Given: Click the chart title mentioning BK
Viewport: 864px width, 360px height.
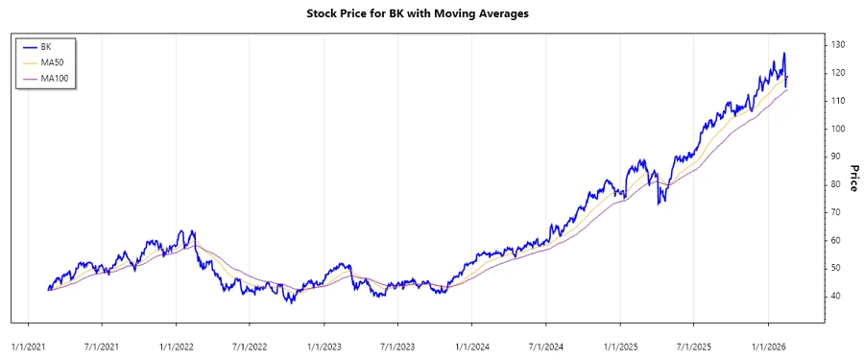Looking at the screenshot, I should (x=431, y=13).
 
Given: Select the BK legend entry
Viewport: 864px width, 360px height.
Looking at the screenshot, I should (x=46, y=46).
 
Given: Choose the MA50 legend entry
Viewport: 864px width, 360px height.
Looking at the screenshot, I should (x=52, y=62).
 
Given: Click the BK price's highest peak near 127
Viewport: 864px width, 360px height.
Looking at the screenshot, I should (x=783, y=54).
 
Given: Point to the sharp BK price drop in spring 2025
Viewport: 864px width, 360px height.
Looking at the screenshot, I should (x=659, y=203).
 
